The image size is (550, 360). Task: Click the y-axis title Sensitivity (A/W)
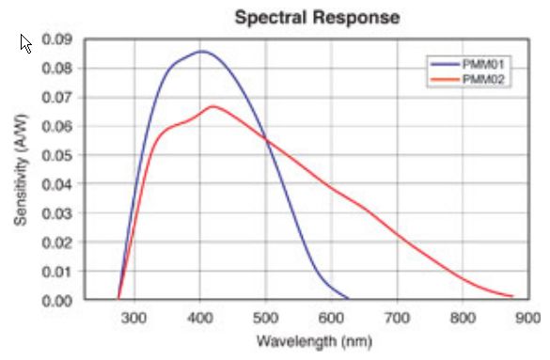coord(20,170)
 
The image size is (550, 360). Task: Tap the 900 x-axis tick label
coord(527,318)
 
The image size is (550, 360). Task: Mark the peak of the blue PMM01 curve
coord(200,51)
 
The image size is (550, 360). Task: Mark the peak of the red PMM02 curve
coord(212,106)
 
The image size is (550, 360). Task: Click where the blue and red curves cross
coord(266,140)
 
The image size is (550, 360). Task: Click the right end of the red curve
coord(512,296)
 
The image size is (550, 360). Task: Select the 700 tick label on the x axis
coord(397,318)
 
